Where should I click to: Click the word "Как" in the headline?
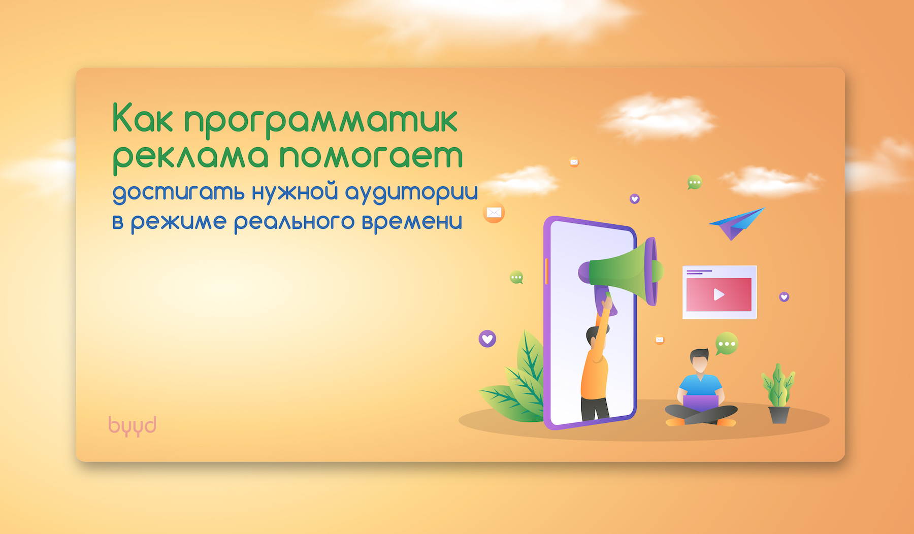143,118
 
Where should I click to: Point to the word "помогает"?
372,156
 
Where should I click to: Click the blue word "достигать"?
178,193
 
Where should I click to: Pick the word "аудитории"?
411,193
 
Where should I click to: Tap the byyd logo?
132,426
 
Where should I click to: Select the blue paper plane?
737,223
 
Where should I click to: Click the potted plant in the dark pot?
778,393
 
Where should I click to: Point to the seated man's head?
700,361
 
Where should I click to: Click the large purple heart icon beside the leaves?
487,339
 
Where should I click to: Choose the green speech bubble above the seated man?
726,344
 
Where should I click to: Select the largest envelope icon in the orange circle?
494,212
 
